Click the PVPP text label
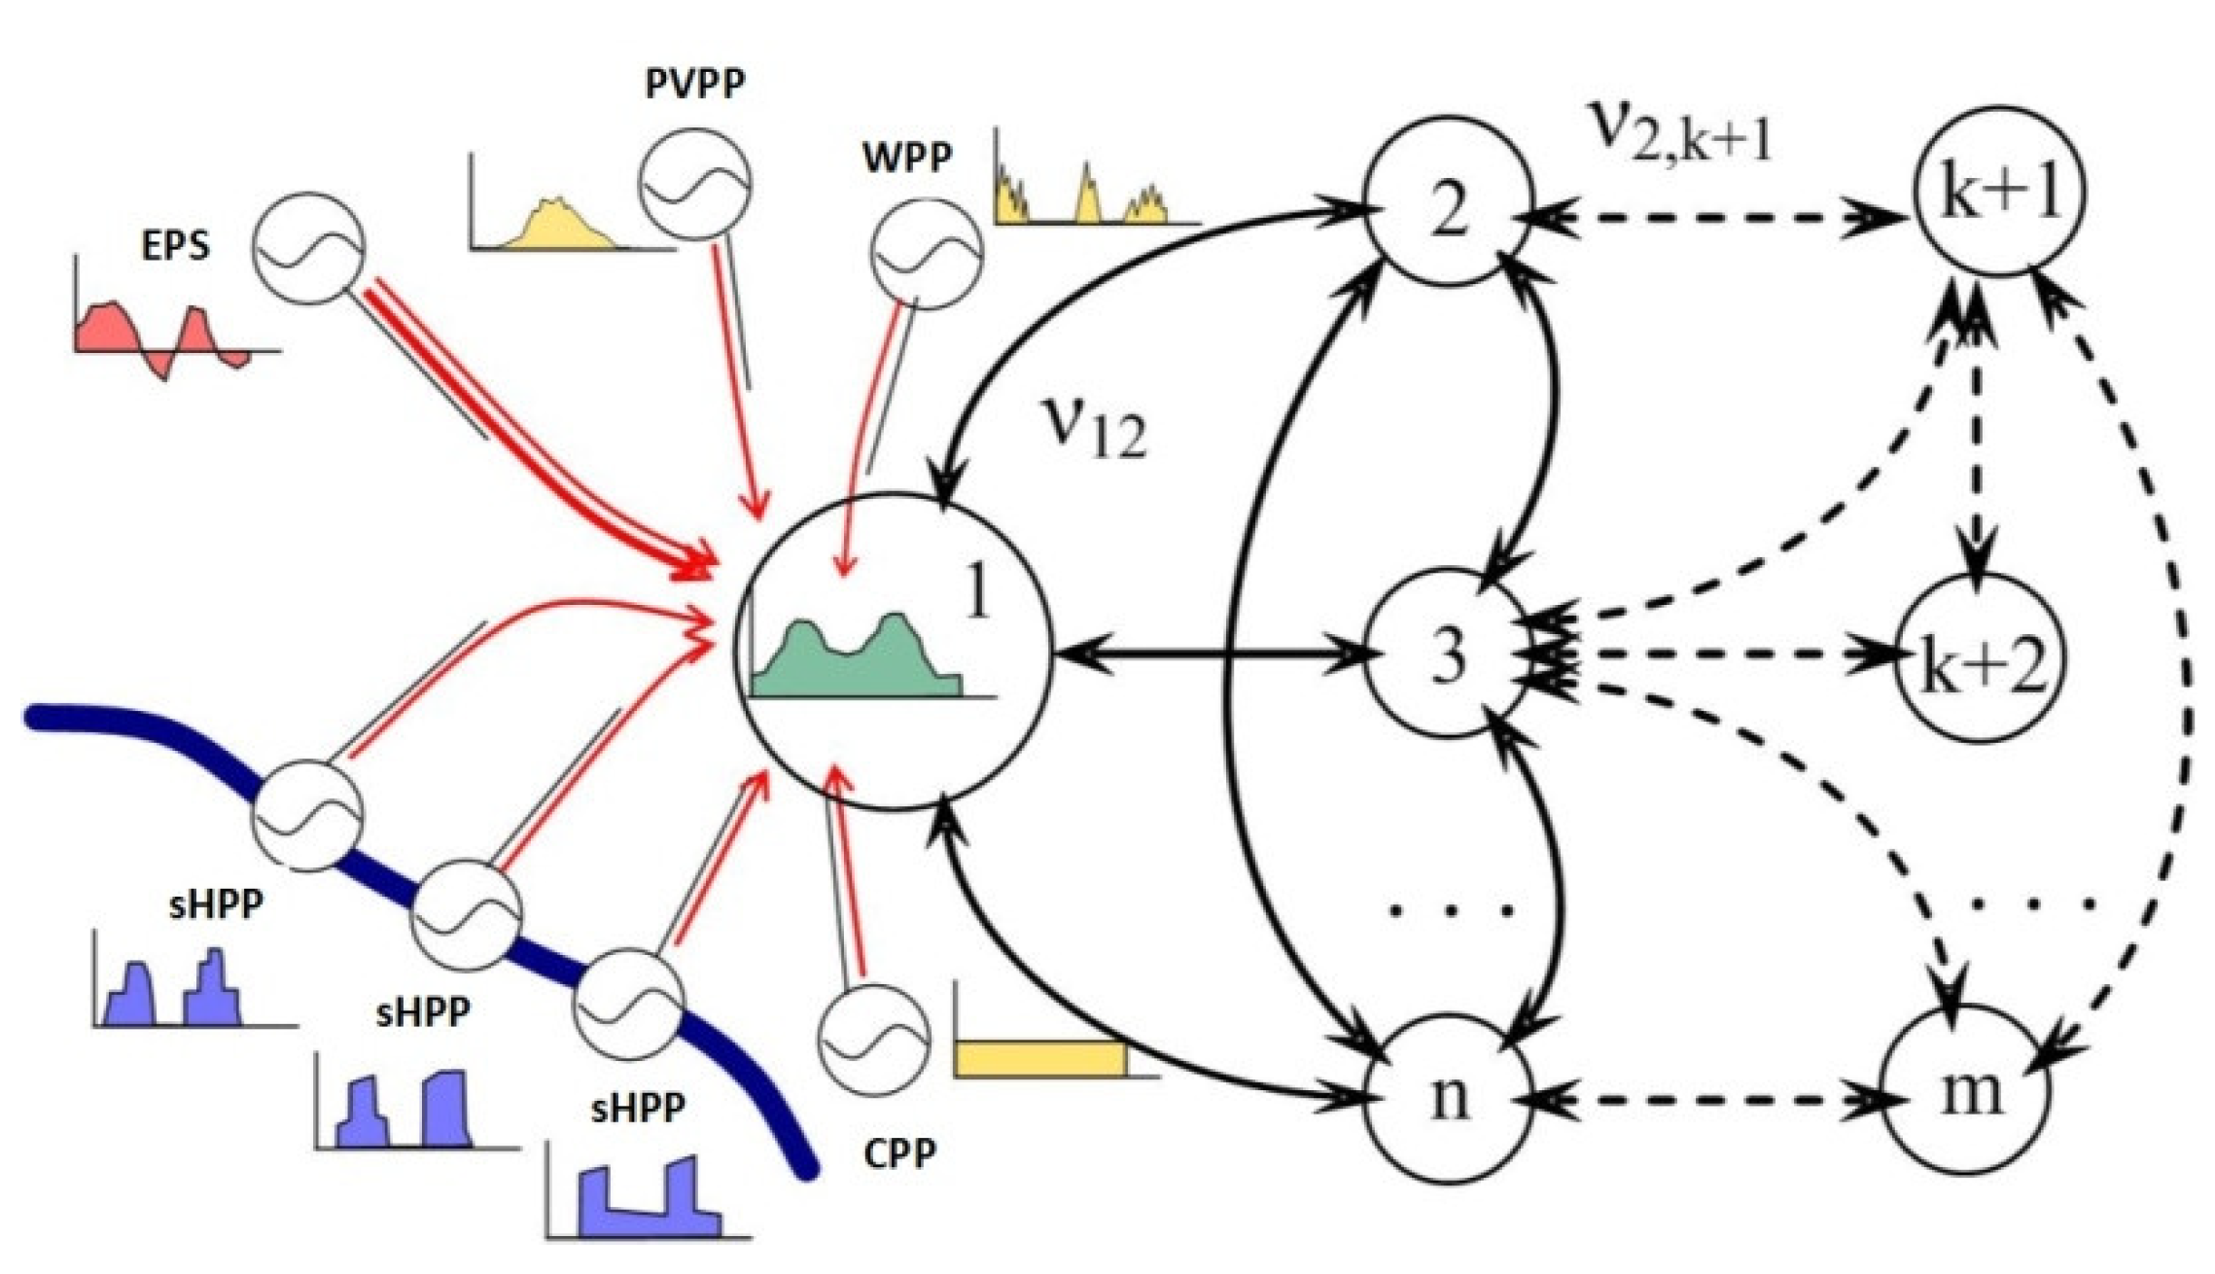[x=694, y=84]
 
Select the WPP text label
[x=906, y=156]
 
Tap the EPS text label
[x=175, y=245]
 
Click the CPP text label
[x=899, y=1153]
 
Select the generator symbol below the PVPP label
[x=694, y=183]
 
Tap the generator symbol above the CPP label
[x=873, y=1039]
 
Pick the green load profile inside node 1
[x=856, y=661]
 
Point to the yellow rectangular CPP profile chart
[x=1040, y=1058]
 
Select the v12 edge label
[x=1094, y=428]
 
